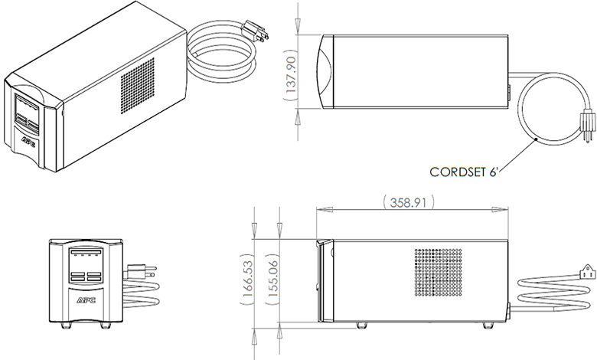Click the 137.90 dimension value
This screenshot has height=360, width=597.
(292, 75)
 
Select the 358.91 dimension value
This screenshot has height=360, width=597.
(408, 202)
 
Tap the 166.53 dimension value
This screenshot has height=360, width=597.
(247, 279)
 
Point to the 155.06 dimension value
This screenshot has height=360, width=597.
(273, 279)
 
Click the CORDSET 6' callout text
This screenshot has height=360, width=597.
(464, 172)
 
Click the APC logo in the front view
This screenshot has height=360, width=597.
(86, 299)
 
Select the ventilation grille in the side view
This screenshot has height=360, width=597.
(438, 273)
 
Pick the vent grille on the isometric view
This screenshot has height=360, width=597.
(138, 86)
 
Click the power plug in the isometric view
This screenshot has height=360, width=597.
(256, 31)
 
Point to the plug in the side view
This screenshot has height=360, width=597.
(587, 273)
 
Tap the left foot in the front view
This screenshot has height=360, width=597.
(67, 326)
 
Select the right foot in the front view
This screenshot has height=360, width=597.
(106, 326)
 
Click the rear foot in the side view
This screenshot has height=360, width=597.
(487, 326)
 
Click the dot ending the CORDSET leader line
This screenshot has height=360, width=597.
(536, 139)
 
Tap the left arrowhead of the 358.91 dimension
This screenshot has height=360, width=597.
(325, 210)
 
